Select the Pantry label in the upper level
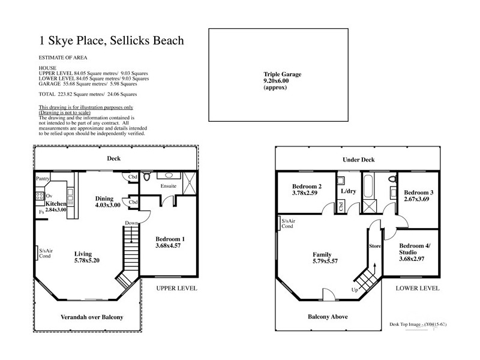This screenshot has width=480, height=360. click(42, 178)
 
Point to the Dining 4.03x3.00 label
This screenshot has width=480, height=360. click(108, 202)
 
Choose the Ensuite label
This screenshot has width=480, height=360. click(168, 186)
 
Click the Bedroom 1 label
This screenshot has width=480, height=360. click(170, 242)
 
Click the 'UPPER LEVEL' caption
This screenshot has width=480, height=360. click(176, 289)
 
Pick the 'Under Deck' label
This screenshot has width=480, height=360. click(358, 160)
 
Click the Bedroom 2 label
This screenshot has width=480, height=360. click(307, 190)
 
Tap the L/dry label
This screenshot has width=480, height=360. click(349, 191)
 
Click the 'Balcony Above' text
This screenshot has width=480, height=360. click(328, 317)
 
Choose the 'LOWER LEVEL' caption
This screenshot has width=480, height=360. click(417, 289)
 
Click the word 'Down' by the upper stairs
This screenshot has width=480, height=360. click(132, 223)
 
